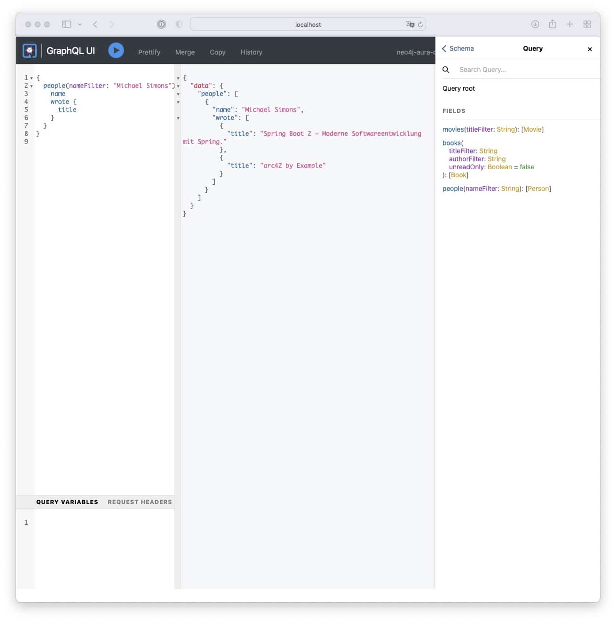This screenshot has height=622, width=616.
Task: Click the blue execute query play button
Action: coord(116,51)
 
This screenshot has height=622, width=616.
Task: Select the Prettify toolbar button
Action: coord(149,52)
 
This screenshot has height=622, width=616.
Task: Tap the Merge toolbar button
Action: coord(185,52)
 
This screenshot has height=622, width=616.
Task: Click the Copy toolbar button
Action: coord(218,52)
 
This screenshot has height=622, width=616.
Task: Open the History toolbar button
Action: coord(251,52)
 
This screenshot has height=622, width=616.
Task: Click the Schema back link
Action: coord(458,48)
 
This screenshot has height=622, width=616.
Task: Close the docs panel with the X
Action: coord(590,49)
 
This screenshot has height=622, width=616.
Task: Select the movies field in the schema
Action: coord(453,129)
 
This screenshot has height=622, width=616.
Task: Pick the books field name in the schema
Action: coord(451,143)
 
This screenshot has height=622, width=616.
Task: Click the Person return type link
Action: coord(538,189)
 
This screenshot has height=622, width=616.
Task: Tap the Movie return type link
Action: coord(532,129)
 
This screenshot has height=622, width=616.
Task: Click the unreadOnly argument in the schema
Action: coord(466,167)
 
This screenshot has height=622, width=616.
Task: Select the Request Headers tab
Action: coord(140,502)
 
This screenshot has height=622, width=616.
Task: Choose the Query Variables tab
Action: coord(67,502)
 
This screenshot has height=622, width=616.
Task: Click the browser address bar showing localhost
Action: coord(308,24)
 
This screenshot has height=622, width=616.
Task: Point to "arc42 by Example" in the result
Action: coord(293,165)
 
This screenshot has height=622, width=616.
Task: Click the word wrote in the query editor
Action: coord(60,102)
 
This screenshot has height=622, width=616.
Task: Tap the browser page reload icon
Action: coord(420,24)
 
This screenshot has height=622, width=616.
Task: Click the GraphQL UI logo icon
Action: coord(30,51)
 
